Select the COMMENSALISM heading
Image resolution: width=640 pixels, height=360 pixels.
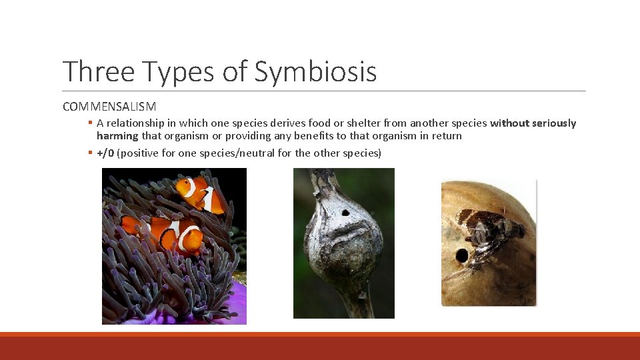tap(109, 106)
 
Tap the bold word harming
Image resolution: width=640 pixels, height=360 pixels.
tap(117, 136)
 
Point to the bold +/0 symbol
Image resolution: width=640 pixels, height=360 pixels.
tap(105, 153)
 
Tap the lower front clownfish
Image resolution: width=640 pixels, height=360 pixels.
tap(183, 235)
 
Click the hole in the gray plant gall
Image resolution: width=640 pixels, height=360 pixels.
tap(345, 214)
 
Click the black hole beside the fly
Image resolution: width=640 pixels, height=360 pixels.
tap(461, 255)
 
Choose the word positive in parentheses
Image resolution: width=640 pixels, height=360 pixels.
tap(142, 153)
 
